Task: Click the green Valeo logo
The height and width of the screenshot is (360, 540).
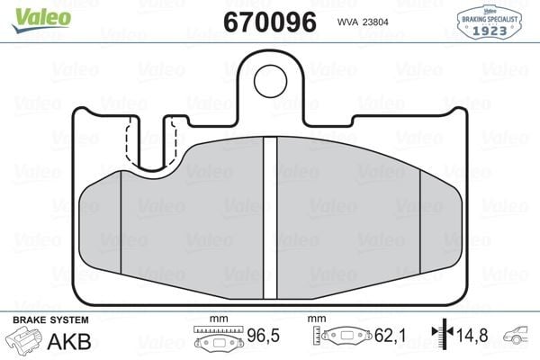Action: [x=41, y=20]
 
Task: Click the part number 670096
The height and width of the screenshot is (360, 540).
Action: [x=270, y=22]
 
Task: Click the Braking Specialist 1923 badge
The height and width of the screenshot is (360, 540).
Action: [x=489, y=22]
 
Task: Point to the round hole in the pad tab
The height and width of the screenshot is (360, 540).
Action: [x=270, y=81]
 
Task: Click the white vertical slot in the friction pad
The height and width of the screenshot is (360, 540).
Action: [x=270, y=218]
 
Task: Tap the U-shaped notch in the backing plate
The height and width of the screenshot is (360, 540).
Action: [x=151, y=145]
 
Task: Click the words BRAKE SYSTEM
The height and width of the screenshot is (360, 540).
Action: [x=50, y=319]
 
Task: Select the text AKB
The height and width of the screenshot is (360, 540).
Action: [x=69, y=341]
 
